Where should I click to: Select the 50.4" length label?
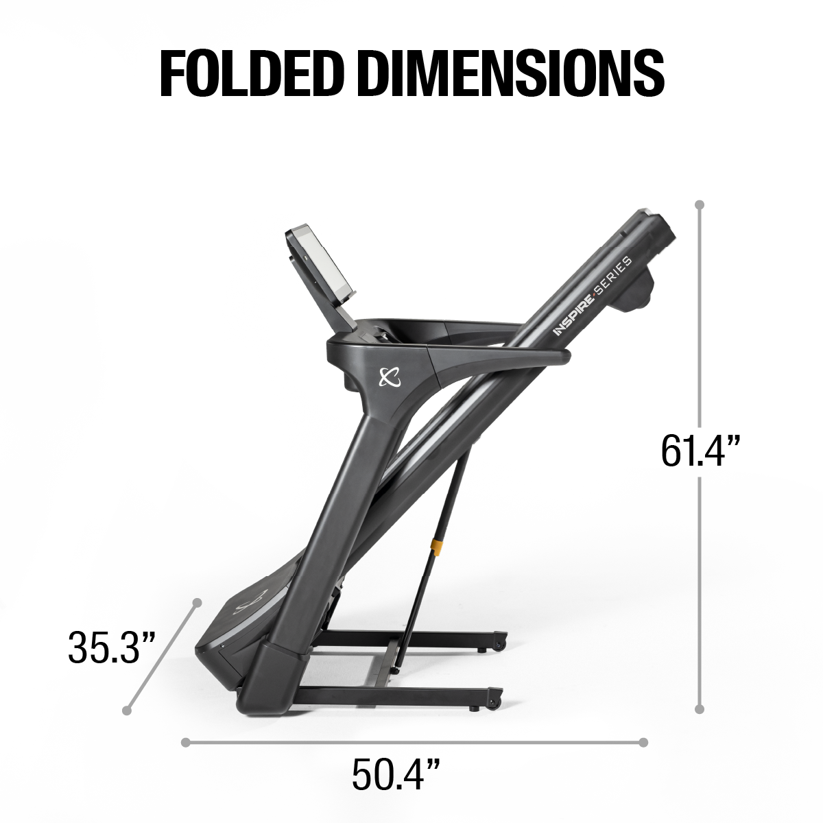[x=395, y=773]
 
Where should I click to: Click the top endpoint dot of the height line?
[x=700, y=204]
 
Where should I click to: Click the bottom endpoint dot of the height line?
[x=700, y=710]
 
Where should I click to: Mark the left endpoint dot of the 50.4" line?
[x=185, y=741]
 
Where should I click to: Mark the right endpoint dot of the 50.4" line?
[x=643, y=741]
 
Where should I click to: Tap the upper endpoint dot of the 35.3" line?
[x=197, y=601]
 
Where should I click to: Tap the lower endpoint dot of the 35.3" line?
[x=126, y=710]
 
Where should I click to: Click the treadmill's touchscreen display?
[x=317, y=263]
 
